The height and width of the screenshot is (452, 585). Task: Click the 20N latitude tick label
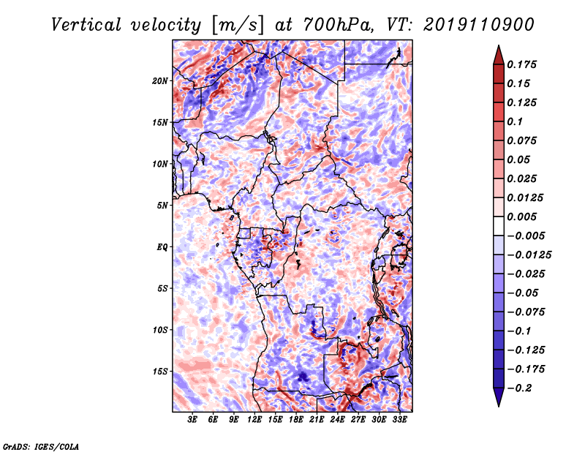point(160,81)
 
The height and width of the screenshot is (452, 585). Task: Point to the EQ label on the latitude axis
point(162,247)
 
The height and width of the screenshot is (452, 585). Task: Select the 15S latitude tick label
point(160,372)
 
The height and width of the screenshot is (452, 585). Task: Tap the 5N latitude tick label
point(162,206)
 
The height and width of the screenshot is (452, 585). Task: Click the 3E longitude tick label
point(192,419)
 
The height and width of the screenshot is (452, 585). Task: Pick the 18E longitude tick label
point(296,419)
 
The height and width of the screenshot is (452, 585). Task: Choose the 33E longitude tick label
point(399,419)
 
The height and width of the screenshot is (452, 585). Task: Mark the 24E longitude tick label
point(337,419)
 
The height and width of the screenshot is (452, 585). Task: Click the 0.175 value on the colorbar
point(521,64)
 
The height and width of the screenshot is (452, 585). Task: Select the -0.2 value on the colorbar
point(519,388)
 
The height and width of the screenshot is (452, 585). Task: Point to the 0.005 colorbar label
point(521,216)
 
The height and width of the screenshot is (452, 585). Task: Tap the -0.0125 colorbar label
point(529,255)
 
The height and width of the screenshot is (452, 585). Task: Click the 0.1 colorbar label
point(515,121)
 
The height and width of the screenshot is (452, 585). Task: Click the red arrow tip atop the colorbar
point(499,46)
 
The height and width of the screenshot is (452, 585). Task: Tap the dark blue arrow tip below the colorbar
point(499,405)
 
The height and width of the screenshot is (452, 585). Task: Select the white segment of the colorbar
point(499,226)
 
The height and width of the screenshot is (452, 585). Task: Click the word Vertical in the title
point(86,25)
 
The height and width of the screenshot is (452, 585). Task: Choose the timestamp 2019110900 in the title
point(479,25)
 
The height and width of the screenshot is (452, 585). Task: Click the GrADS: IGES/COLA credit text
point(41,446)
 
